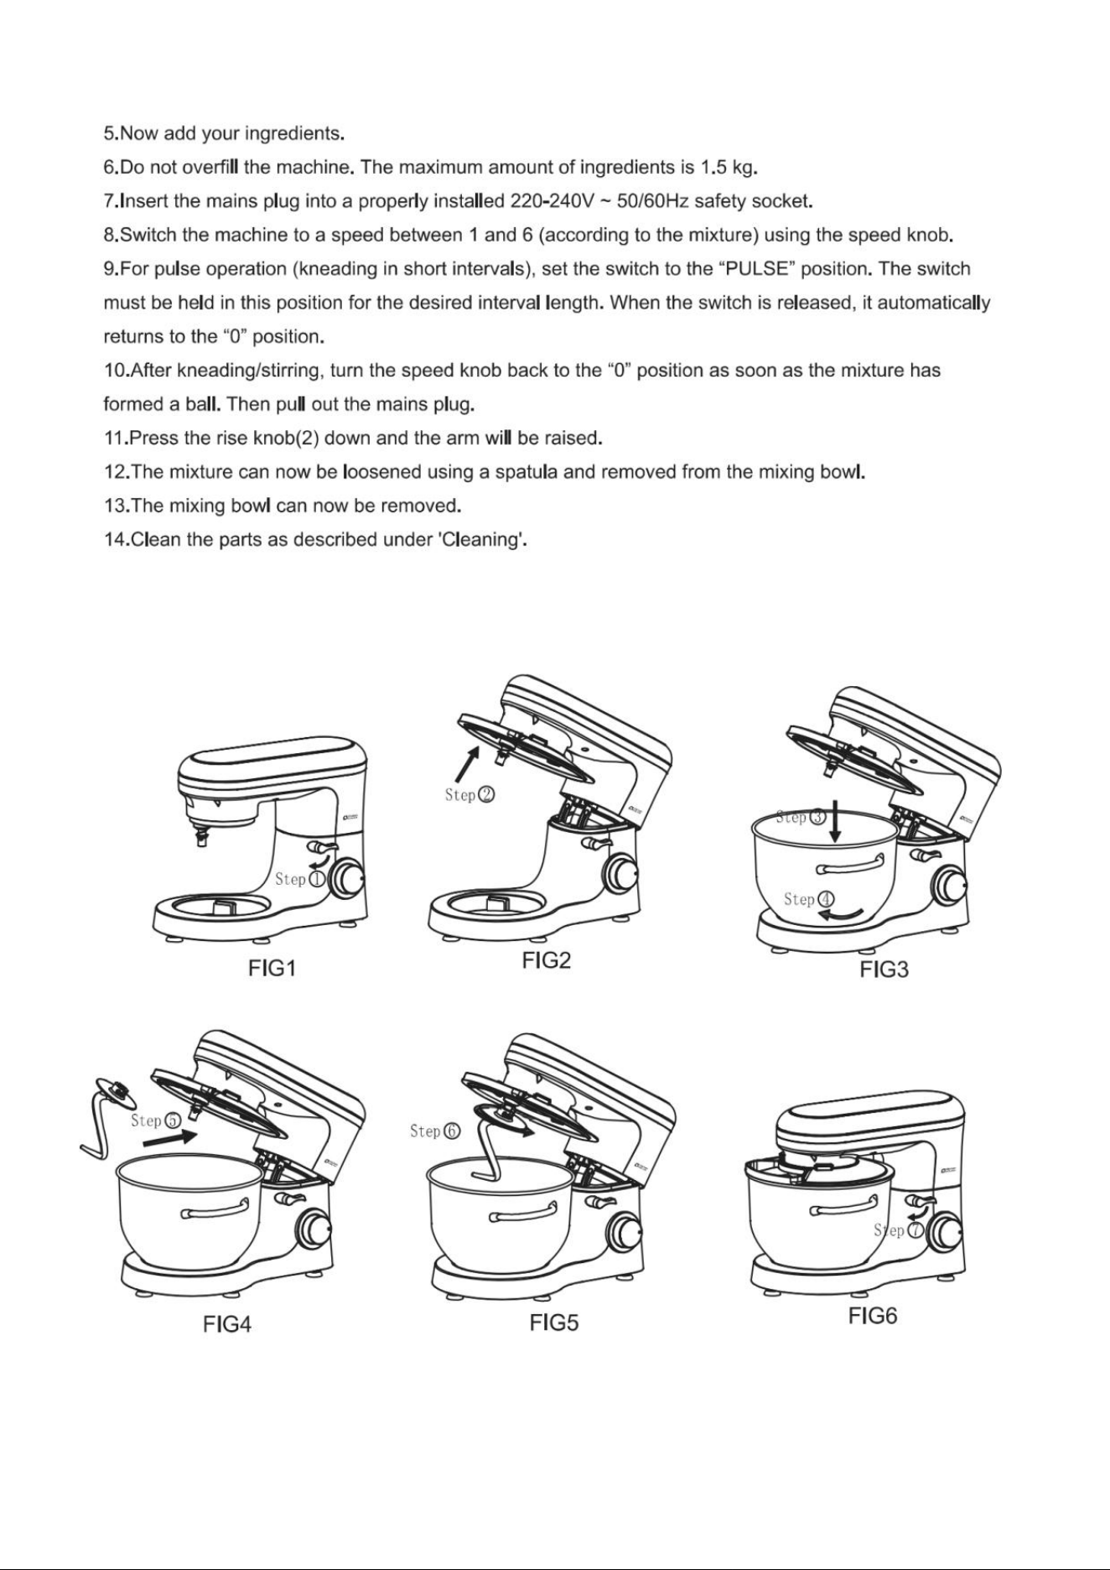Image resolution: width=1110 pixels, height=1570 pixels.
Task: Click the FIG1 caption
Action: click(x=272, y=969)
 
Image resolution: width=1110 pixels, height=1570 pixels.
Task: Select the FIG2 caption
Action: click(x=546, y=961)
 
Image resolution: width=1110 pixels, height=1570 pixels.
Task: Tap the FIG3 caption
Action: click(x=884, y=970)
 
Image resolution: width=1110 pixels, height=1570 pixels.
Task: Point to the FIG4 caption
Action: click(x=227, y=1324)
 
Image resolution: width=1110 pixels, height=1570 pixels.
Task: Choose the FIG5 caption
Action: click(x=554, y=1323)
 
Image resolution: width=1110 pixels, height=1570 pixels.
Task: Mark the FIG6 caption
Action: click(x=873, y=1316)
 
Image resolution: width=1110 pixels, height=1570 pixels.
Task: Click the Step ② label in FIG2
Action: click(x=469, y=794)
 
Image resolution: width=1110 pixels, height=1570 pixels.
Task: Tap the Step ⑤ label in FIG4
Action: click(x=156, y=1120)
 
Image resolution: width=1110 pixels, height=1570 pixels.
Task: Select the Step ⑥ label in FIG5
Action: click(x=435, y=1131)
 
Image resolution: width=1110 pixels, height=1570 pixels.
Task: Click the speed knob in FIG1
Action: click(x=345, y=879)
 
